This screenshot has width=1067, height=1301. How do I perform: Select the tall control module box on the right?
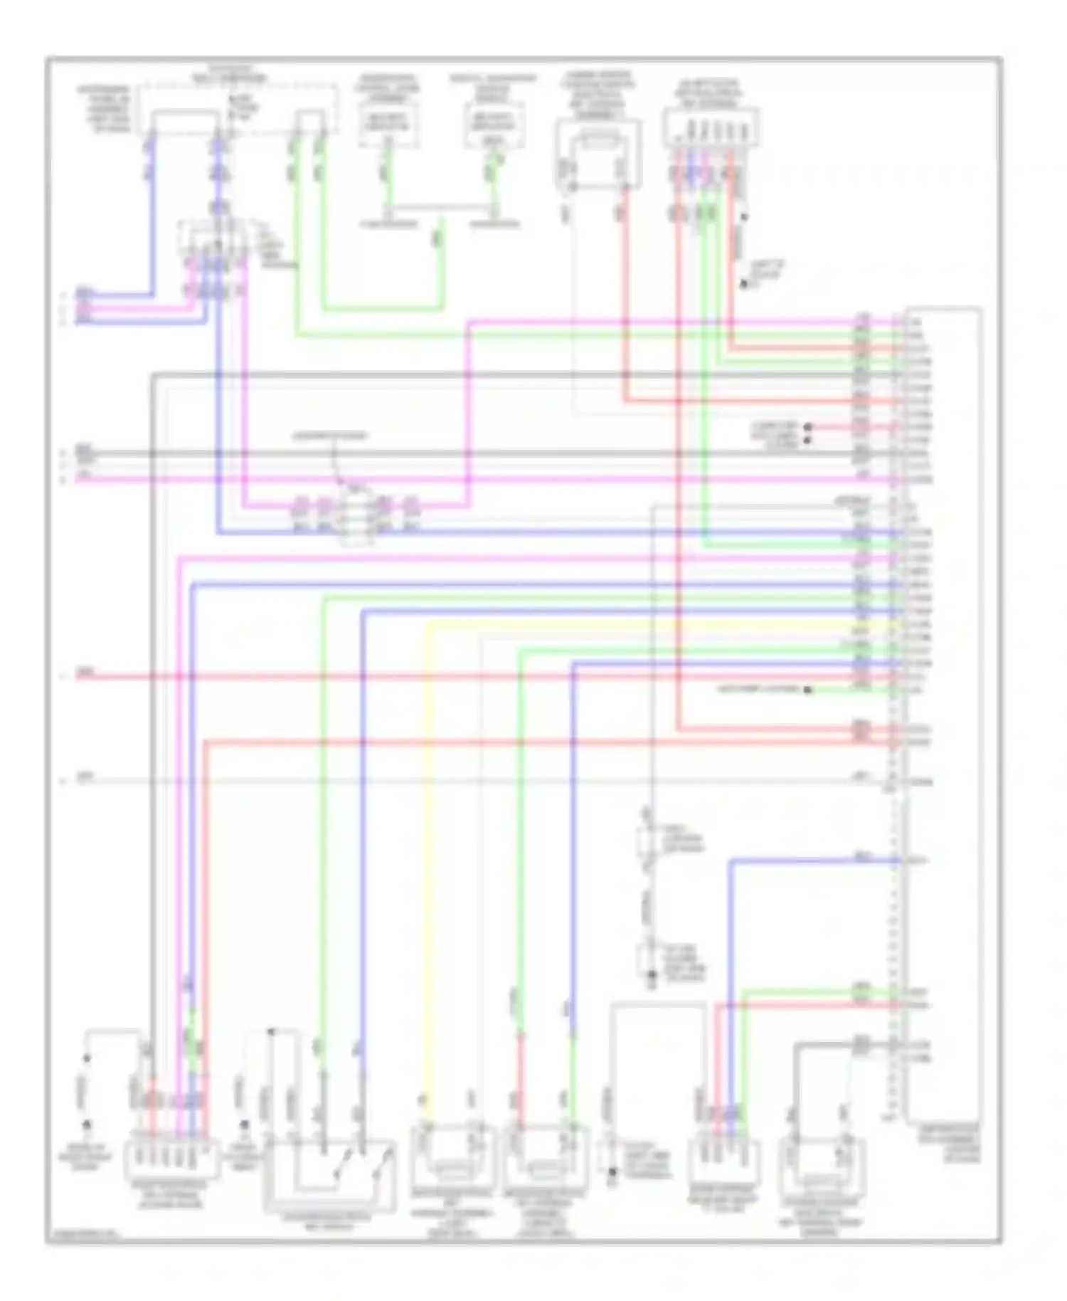pos(944,712)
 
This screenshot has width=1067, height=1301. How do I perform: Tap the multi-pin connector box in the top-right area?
pos(711,127)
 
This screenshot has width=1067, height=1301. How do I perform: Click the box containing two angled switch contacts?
pos(329,1174)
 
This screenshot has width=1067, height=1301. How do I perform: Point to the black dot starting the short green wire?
pos(808,690)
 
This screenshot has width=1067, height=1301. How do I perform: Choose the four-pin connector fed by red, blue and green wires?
pos(723,1160)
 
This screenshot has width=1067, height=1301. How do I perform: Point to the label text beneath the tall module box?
pos(949,1144)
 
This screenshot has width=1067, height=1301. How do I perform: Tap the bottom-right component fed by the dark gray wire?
pos(822,1167)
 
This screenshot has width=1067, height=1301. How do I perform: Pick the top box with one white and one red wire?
pos(598,153)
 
